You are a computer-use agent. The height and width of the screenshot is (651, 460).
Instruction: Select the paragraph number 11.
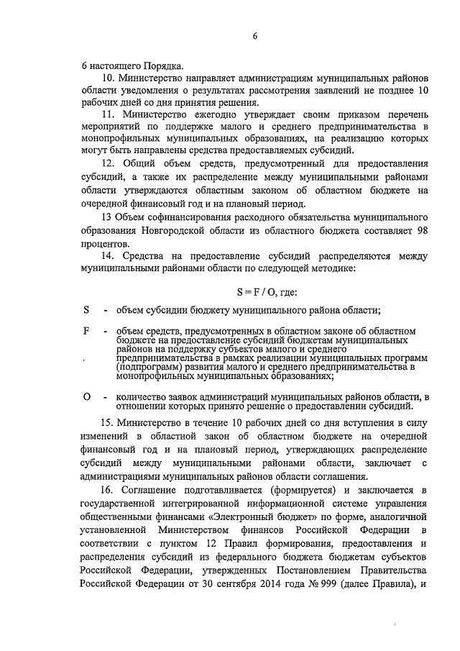pos(107,114)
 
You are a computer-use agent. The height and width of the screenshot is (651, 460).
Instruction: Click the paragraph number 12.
pos(107,164)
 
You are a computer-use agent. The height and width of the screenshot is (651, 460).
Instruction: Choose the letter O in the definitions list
pos(87,397)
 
